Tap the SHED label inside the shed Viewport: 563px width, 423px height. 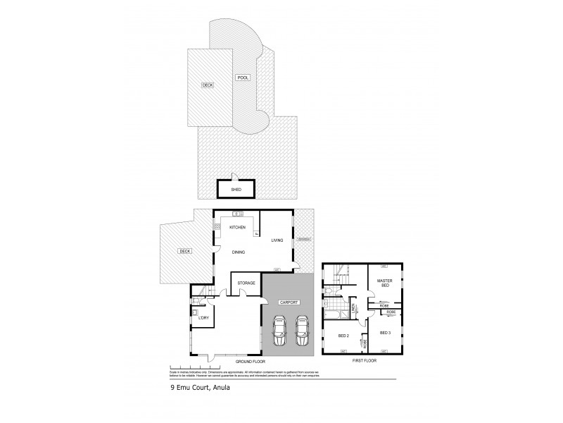[x=236, y=190]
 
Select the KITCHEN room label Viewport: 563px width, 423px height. [x=236, y=227]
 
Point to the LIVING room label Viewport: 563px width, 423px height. [x=277, y=240]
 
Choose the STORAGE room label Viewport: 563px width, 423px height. [x=246, y=283]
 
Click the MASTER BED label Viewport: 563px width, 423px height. [x=384, y=283]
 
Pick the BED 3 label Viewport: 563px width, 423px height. [x=384, y=332]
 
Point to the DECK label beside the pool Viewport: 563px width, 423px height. [x=208, y=85]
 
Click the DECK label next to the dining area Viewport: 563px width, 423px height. [x=184, y=250]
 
